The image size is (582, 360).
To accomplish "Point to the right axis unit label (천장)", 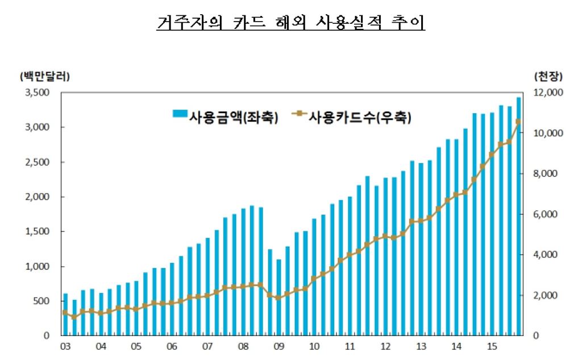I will tap(547, 76).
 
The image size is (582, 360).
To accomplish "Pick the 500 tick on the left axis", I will tap(43, 301).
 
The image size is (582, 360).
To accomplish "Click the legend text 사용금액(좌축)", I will tap(234, 117).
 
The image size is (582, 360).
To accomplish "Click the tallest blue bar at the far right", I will tap(518, 216).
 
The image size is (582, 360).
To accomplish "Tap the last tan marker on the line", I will tap(518, 122).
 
